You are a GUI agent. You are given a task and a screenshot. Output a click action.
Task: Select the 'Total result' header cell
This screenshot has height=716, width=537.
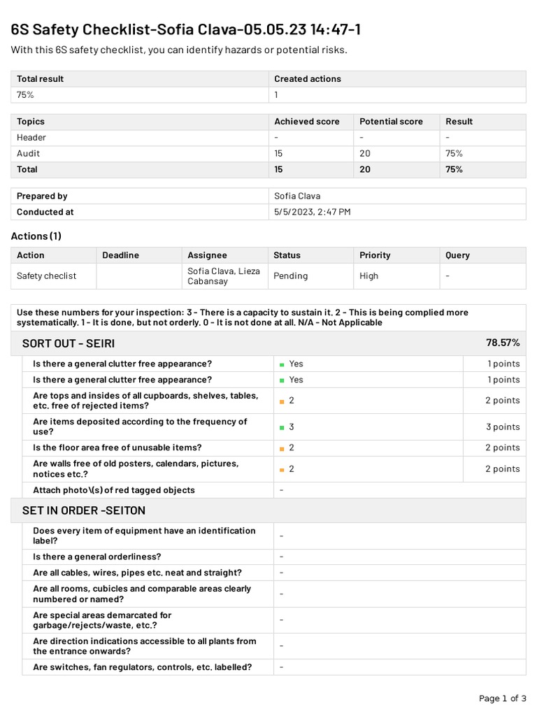tap(40, 79)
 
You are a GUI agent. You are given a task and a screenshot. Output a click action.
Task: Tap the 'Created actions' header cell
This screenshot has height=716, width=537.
tap(308, 79)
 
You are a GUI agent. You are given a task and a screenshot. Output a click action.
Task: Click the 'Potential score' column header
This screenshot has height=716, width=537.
tap(391, 122)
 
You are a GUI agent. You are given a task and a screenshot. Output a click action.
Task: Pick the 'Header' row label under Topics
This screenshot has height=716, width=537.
tap(31, 138)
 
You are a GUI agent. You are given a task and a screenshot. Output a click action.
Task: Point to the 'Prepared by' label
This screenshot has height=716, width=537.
tap(42, 196)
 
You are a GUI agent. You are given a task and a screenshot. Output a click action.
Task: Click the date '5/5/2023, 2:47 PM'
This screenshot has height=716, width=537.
tap(313, 212)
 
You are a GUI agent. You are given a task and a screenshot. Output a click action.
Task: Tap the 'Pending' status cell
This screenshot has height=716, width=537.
tap(291, 276)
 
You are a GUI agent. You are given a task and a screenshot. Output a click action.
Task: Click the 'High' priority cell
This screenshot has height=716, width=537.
tap(368, 276)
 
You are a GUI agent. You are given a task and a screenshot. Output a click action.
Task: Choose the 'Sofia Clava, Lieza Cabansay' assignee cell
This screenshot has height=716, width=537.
tap(224, 276)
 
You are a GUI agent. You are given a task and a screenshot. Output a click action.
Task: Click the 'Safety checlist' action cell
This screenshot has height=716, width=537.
tap(47, 276)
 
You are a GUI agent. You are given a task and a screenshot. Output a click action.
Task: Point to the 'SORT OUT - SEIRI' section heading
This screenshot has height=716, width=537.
tap(69, 343)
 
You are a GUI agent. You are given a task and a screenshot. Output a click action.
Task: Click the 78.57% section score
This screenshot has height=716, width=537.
tap(503, 343)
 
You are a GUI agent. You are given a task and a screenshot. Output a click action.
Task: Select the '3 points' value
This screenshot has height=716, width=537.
tap(503, 427)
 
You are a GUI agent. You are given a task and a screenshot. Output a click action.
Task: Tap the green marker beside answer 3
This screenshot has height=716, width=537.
tap(282, 427)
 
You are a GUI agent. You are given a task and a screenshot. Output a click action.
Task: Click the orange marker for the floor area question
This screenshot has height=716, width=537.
tap(282, 448)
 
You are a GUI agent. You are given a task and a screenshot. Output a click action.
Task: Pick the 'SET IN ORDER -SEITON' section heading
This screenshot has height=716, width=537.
tap(84, 510)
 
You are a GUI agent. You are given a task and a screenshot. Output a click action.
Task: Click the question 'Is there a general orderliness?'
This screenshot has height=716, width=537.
tap(97, 557)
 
